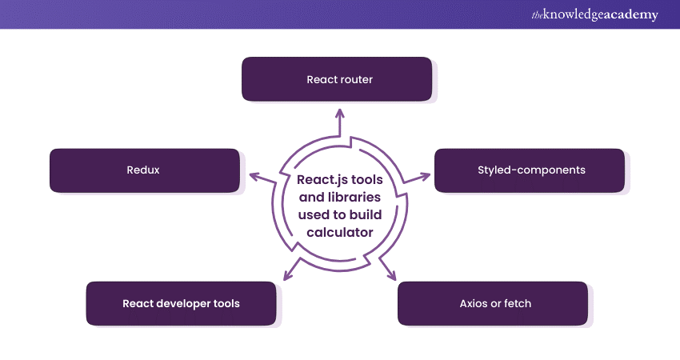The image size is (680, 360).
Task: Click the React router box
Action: click(339, 79)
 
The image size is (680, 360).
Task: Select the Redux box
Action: click(144, 170)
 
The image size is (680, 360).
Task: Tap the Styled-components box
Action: click(530, 170)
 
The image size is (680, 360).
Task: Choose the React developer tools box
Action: click(181, 303)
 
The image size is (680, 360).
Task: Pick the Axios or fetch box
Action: click(494, 303)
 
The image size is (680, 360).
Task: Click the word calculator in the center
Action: click(339, 232)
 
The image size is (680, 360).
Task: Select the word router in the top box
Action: click(357, 80)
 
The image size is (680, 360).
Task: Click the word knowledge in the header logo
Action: click(572, 15)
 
